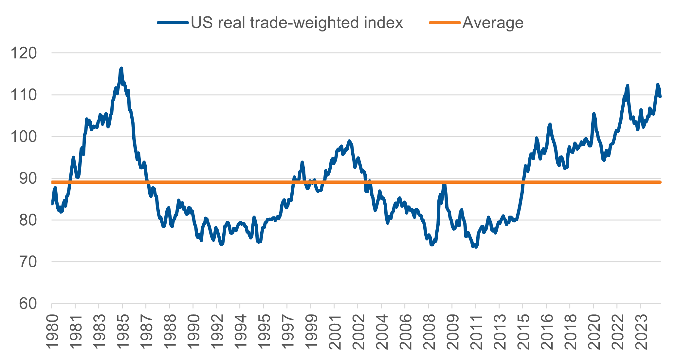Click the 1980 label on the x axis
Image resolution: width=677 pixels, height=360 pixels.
coord(51,332)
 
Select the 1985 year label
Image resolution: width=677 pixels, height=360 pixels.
coord(122,332)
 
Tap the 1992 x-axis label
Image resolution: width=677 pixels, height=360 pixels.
coord(216,332)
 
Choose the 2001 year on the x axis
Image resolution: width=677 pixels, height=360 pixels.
coord(334,332)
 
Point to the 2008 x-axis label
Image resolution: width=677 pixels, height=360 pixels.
coord(429,332)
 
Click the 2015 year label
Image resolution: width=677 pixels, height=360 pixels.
coord(523,332)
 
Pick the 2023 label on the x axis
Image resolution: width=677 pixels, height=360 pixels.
coord(641,332)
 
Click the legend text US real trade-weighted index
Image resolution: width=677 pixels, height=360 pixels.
coord(297,23)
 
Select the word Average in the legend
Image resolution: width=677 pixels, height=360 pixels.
coord(493,23)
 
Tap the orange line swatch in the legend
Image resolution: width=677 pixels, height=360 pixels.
coord(445,23)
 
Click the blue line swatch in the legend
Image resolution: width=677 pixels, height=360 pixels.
coord(173,23)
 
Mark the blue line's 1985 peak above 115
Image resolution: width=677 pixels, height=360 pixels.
coord(121,68)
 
